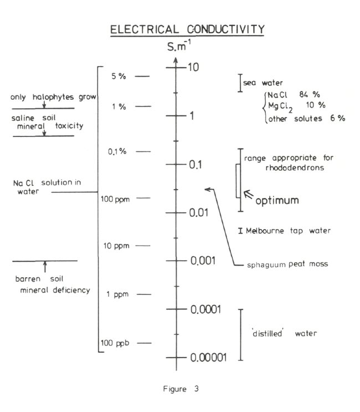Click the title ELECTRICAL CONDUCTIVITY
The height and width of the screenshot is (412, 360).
coord(187,29)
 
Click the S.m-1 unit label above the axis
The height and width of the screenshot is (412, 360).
coord(177,48)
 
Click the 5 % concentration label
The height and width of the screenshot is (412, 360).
coord(119,77)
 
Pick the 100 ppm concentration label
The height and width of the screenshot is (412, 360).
coord(115,199)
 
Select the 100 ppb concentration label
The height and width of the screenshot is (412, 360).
coord(115,344)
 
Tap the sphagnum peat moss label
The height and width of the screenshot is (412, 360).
coord(288,264)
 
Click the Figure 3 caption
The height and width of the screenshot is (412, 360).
coord(180,389)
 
